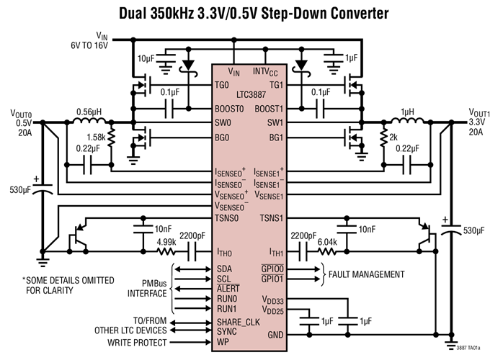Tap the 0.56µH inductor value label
[x=90, y=112]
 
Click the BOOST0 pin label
[x=232, y=109]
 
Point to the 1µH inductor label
[x=408, y=112]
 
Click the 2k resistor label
[x=394, y=136]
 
